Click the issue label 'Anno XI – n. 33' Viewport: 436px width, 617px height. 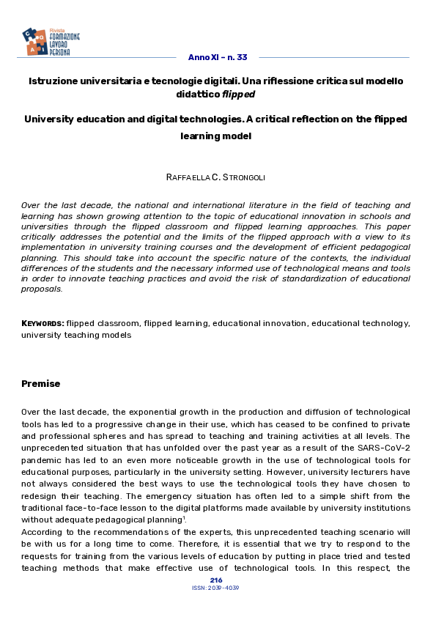point(218,57)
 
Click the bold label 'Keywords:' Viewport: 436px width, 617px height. point(43,322)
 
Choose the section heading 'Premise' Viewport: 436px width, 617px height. point(41,384)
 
